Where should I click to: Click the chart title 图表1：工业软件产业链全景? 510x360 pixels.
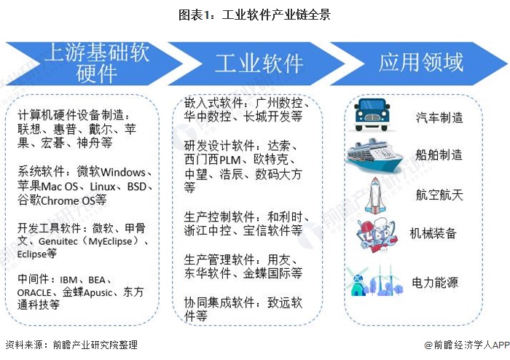click(x=254, y=14)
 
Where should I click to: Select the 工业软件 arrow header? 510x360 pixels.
click(x=259, y=63)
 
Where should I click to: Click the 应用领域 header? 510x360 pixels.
click(x=420, y=63)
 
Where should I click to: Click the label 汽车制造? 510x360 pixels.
click(x=439, y=117)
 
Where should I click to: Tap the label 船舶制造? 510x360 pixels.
click(x=439, y=154)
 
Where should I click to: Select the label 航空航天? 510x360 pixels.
click(x=439, y=195)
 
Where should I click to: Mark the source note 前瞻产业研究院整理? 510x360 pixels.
click(x=90, y=345)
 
